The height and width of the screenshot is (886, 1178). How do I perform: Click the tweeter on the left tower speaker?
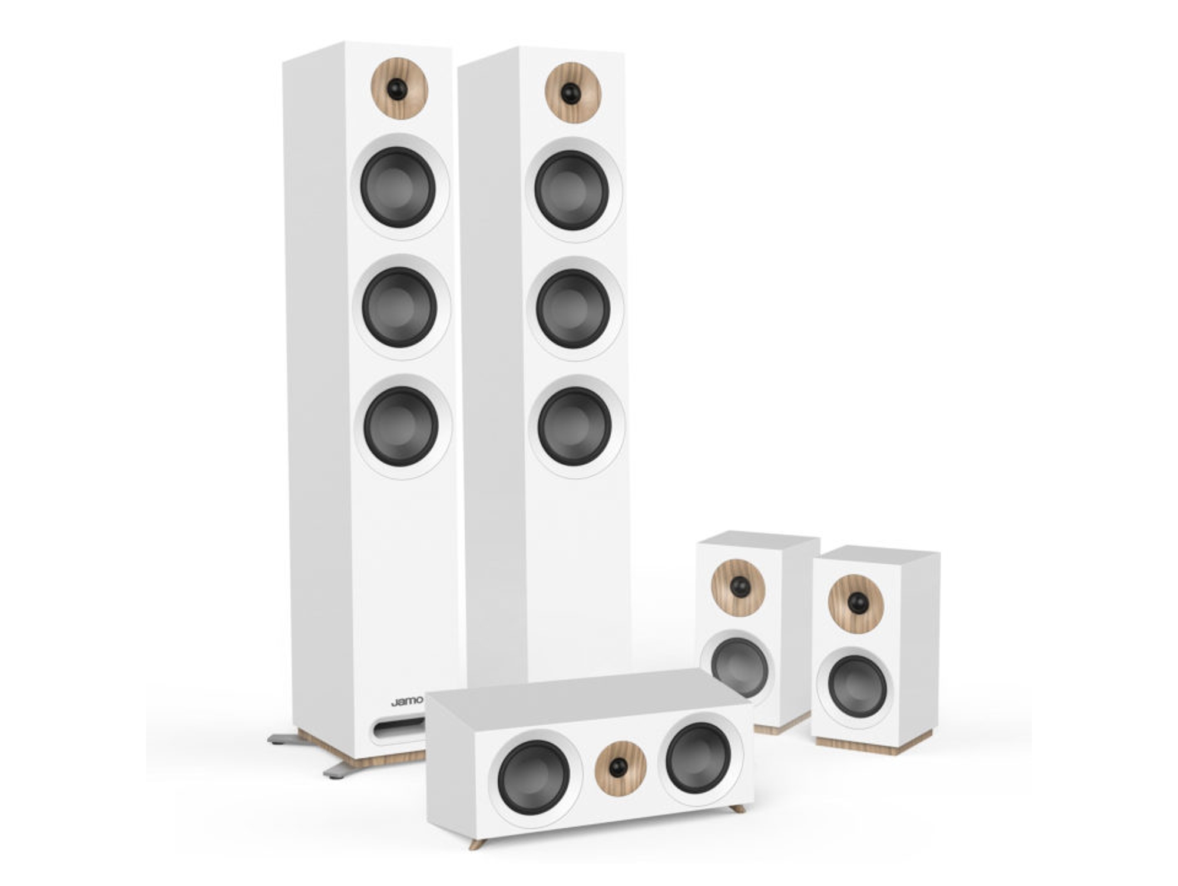click(399, 88)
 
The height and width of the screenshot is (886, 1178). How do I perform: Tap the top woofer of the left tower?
click(398, 187)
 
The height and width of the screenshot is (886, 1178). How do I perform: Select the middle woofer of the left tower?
click(399, 307)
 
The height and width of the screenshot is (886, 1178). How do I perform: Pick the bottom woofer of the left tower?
click(401, 426)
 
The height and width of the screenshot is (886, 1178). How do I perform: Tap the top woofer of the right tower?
click(571, 190)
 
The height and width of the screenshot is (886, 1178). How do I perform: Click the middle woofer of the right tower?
click(573, 309)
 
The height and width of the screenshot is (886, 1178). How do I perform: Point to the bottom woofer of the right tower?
click(574, 427)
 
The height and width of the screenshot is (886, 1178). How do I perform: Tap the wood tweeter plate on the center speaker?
click(620, 767)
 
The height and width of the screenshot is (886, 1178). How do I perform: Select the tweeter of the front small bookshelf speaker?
click(856, 603)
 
